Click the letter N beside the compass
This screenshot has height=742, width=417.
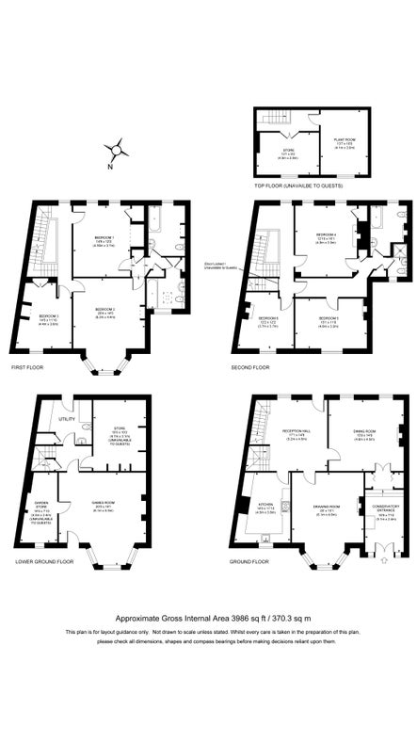[x=108, y=167]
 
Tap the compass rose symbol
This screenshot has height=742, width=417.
[x=117, y=149]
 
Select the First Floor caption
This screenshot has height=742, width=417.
[x=27, y=367]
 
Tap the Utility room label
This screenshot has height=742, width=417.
[x=67, y=418]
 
